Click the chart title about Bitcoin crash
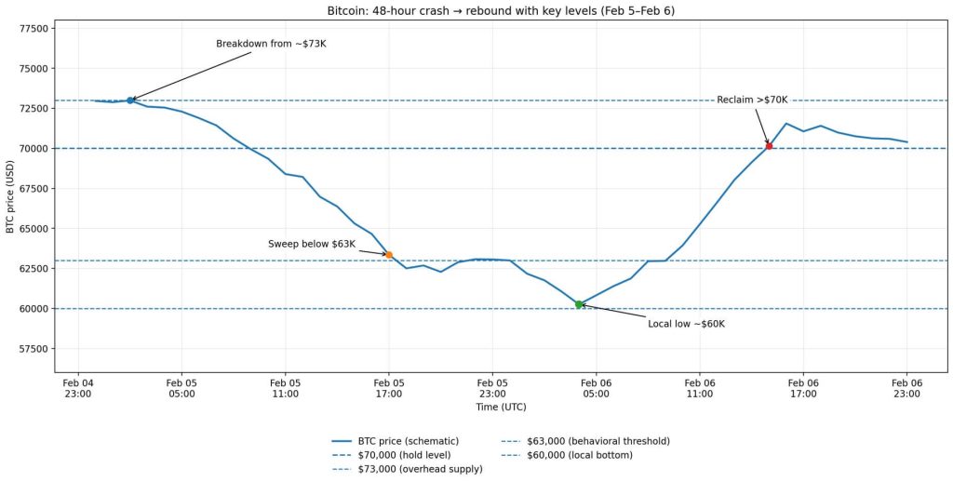point(502,10)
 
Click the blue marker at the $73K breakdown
point(130,100)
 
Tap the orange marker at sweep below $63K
point(389,255)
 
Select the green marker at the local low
point(579,304)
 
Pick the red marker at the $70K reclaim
point(769,146)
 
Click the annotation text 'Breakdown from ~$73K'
point(271,44)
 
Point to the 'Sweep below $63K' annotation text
point(312,244)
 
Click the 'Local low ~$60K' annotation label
point(686,324)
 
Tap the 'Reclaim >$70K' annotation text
point(752,100)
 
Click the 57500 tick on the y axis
point(34,349)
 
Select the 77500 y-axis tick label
point(34,29)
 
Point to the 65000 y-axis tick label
point(34,229)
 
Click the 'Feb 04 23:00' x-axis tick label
point(78,388)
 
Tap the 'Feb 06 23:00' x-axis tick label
point(906,388)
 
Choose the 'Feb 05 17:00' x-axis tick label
point(389,388)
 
